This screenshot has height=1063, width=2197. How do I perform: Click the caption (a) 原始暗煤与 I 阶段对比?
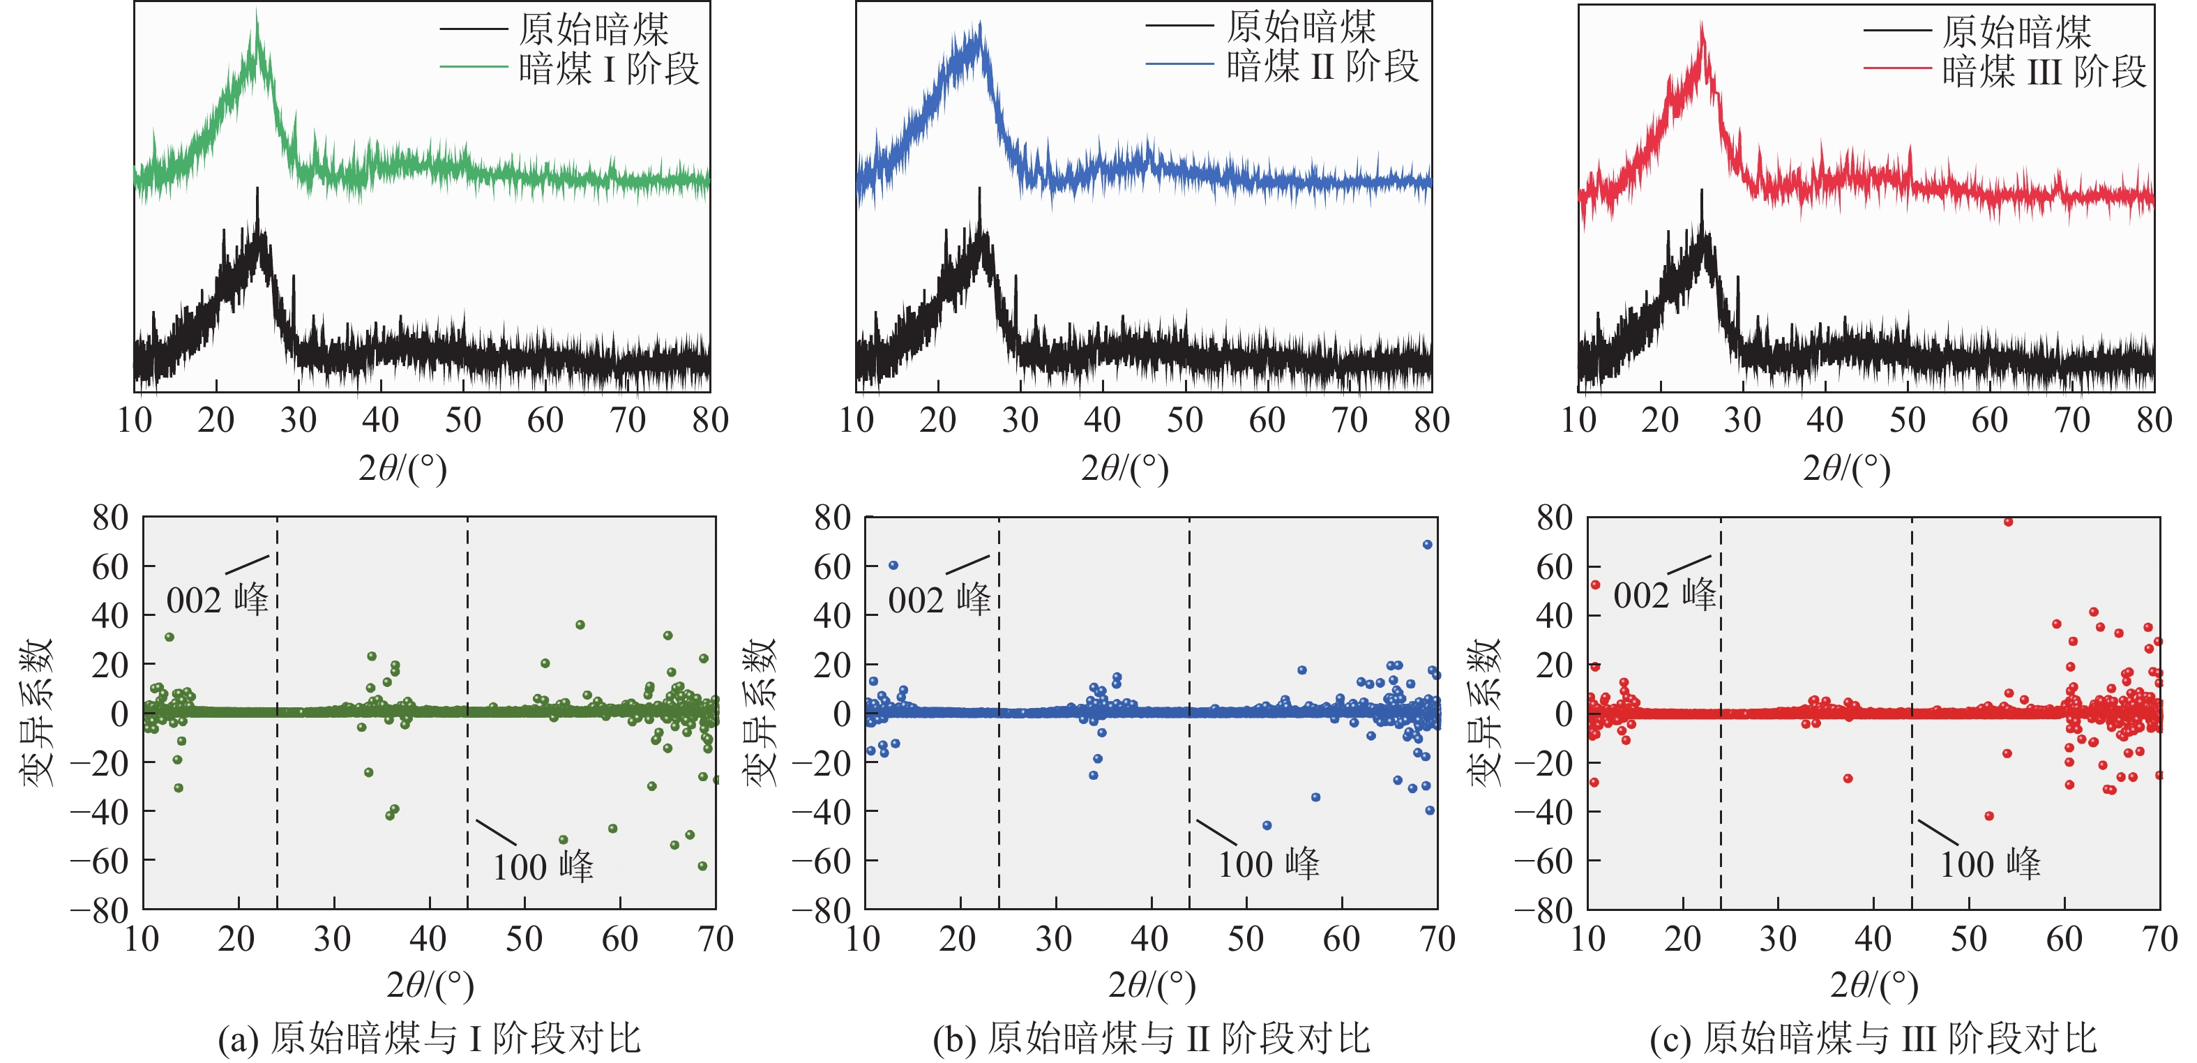[x=429, y=1039]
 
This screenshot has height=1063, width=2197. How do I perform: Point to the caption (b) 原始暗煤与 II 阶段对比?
[x=1151, y=1039]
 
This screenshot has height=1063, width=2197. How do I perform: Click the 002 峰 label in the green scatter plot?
[x=217, y=599]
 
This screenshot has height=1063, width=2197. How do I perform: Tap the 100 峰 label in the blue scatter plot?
[x=1268, y=864]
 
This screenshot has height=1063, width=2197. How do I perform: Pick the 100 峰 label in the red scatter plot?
[x=1990, y=864]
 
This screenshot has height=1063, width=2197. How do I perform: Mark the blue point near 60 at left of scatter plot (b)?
[x=893, y=565]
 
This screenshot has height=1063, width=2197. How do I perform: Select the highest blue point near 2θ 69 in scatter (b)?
[x=1427, y=544]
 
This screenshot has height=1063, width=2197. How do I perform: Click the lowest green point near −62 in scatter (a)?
[x=703, y=866]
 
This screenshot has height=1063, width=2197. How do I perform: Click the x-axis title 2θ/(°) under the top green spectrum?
[x=402, y=468]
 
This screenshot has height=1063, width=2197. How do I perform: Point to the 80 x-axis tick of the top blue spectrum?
[x=1431, y=420]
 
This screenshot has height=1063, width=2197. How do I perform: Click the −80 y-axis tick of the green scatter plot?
[x=100, y=911]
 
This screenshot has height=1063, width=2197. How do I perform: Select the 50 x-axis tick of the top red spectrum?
[x=1907, y=420]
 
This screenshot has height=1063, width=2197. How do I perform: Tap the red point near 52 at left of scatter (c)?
[x=1595, y=585]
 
